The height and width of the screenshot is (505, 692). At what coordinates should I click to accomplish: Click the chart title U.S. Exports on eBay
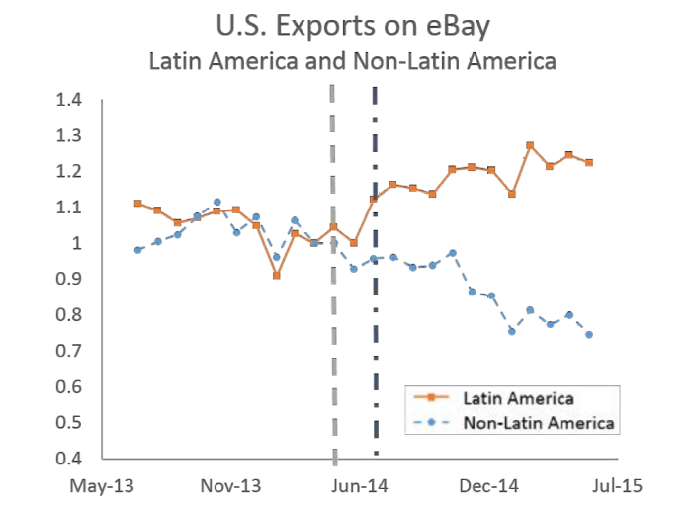[x=351, y=24]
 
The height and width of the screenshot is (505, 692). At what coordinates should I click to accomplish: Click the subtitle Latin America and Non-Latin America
[x=352, y=60]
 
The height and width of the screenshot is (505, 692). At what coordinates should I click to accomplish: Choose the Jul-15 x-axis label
[x=616, y=485]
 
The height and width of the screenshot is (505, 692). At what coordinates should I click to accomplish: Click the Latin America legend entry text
[x=518, y=398]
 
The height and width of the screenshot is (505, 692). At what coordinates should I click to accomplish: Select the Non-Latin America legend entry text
[x=539, y=423]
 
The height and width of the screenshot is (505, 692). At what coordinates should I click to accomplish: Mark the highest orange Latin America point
[x=530, y=145]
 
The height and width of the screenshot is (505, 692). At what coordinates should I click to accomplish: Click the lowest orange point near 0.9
[x=276, y=276]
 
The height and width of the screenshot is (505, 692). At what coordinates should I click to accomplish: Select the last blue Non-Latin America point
[x=589, y=334]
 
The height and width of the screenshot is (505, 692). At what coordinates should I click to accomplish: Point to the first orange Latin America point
[x=137, y=204]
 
